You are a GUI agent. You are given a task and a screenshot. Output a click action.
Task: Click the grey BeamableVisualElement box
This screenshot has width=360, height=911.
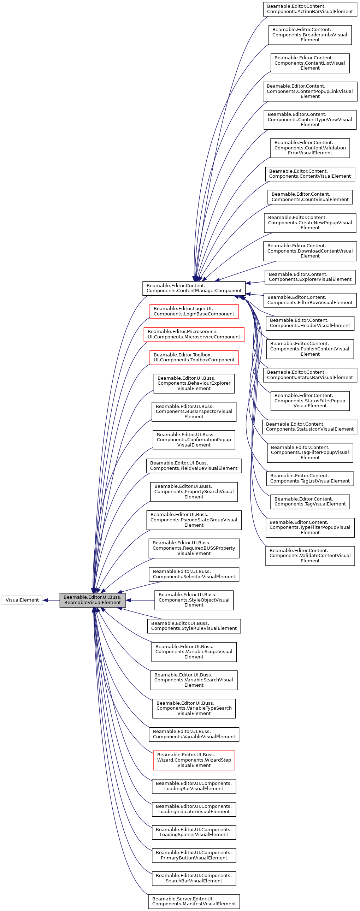tap(92, 599)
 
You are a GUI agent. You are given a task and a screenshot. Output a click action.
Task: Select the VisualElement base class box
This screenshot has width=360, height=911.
tap(22, 600)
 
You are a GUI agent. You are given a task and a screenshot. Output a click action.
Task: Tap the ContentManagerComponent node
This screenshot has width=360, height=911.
tap(194, 288)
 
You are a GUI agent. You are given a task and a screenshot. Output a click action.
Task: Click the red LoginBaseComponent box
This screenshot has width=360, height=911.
tap(194, 311)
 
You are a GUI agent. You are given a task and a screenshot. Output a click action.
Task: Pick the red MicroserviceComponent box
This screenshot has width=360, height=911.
tap(194, 334)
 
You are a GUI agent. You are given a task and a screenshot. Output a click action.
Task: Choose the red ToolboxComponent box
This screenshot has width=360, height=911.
tap(194, 357)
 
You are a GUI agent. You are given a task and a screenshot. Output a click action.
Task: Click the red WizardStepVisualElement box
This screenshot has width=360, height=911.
tap(194, 760)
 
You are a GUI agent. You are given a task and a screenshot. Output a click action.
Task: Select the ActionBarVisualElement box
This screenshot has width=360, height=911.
tap(310, 9)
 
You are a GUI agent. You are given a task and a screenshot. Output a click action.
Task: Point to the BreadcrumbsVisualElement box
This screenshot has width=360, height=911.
tap(310, 35)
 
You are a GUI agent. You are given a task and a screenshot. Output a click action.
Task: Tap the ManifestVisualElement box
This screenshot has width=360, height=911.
tap(194, 901)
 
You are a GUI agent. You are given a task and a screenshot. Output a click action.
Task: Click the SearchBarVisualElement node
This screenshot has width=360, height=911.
tap(194, 878)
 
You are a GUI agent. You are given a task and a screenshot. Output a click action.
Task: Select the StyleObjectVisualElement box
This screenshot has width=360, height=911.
tap(194, 600)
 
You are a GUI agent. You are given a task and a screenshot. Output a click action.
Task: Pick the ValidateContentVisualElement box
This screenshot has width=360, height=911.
tap(310, 556)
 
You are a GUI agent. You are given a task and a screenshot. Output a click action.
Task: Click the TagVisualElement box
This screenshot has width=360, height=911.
tap(310, 502)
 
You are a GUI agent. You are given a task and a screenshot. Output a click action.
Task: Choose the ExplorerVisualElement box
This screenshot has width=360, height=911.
tap(310, 277)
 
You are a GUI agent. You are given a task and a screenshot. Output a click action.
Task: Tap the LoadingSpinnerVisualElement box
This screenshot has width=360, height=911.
tap(194, 832)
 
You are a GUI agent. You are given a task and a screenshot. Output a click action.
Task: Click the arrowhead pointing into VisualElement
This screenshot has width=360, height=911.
tap(45, 600)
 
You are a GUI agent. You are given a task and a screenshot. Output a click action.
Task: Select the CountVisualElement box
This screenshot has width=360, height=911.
tap(310, 197)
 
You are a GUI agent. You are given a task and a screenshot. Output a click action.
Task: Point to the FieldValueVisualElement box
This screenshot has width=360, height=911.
tap(194, 466)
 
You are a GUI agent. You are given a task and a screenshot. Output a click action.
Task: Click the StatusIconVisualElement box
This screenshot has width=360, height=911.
tap(310, 426)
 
